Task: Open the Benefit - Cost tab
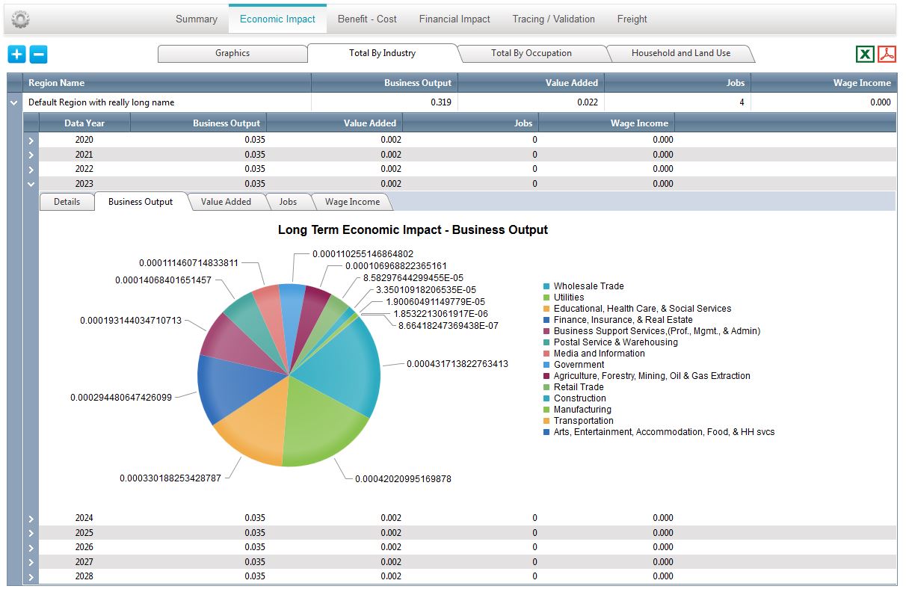click(x=367, y=19)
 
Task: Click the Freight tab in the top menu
click(x=632, y=19)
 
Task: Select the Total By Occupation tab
click(x=531, y=53)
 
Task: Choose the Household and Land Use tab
click(x=681, y=53)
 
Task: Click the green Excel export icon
click(x=865, y=54)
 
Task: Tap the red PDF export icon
click(x=887, y=54)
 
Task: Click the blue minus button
click(x=38, y=54)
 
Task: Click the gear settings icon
click(x=21, y=19)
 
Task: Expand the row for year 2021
click(x=31, y=155)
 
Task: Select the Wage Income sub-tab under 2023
click(x=352, y=202)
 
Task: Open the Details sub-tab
click(x=67, y=202)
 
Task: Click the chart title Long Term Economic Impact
click(x=413, y=229)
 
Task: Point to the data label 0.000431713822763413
click(x=457, y=364)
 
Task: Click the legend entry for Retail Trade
click(x=579, y=387)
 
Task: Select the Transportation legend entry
click(x=583, y=421)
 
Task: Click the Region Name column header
click(x=56, y=83)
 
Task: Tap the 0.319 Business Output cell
click(x=440, y=102)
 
